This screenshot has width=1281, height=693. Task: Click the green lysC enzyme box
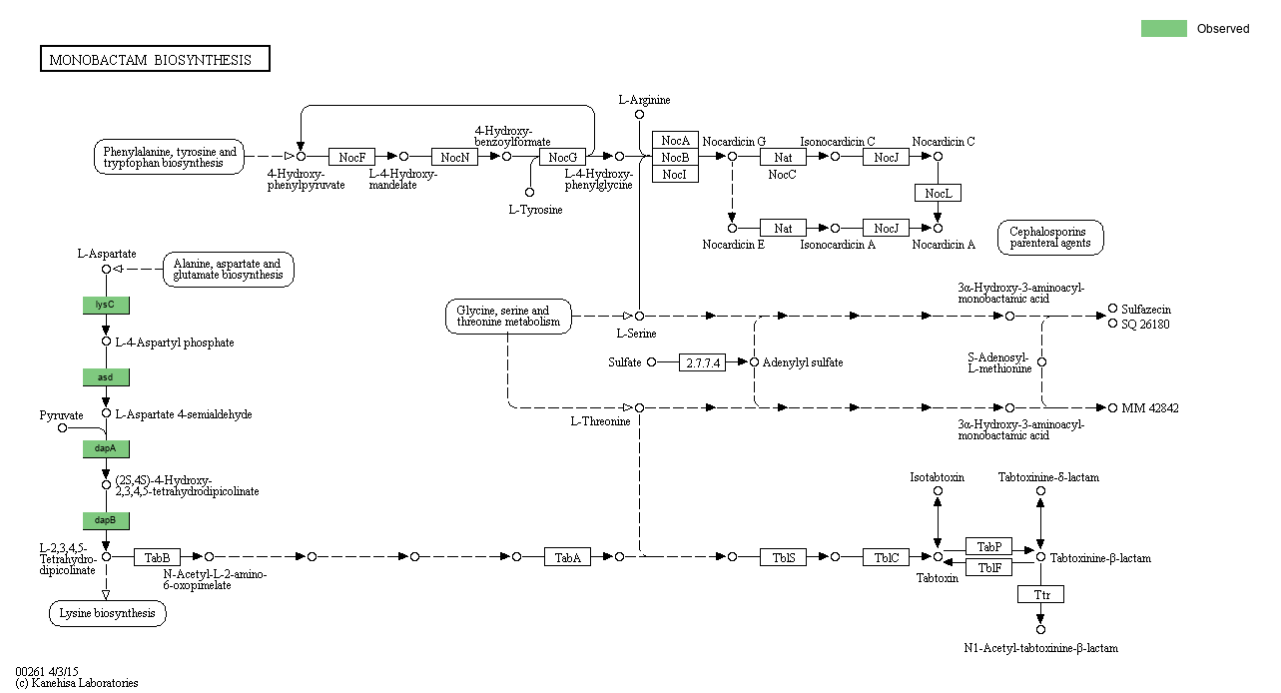pyautogui.click(x=106, y=305)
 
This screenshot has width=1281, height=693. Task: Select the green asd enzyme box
pyautogui.click(x=106, y=376)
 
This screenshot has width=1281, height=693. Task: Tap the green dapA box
pyautogui.click(x=106, y=448)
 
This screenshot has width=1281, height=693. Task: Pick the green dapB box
pyautogui.click(x=106, y=520)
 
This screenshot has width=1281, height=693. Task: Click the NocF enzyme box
pyautogui.click(x=351, y=157)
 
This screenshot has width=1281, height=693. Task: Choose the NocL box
pyautogui.click(x=938, y=193)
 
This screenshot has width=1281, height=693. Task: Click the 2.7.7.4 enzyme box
pyautogui.click(x=702, y=362)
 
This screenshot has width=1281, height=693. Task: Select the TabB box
pyautogui.click(x=158, y=556)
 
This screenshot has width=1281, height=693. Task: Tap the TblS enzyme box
pyautogui.click(x=783, y=557)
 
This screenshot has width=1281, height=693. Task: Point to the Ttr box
pyautogui.click(x=1040, y=594)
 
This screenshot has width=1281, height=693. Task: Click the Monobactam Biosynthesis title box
pyautogui.click(x=155, y=59)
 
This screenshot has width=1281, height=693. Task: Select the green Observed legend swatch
pyautogui.click(x=1163, y=28)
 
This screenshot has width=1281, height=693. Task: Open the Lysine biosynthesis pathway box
pyautogui.click(x=107, y=613)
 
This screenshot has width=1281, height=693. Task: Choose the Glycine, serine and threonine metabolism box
pyautogui.click(x=509, y=317)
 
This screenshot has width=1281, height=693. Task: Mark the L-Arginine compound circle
pyautogui.click(x=639, y=115)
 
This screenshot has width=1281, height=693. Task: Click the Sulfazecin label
pyautogui.click(x=1145, y=310)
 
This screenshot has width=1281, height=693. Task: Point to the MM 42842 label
pyautogui.click(x=1149, y=408)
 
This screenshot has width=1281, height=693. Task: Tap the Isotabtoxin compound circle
pyautogui.click(x=938, y=490)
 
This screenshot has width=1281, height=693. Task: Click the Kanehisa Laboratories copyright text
pyautogui.click(x=77, y=683)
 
